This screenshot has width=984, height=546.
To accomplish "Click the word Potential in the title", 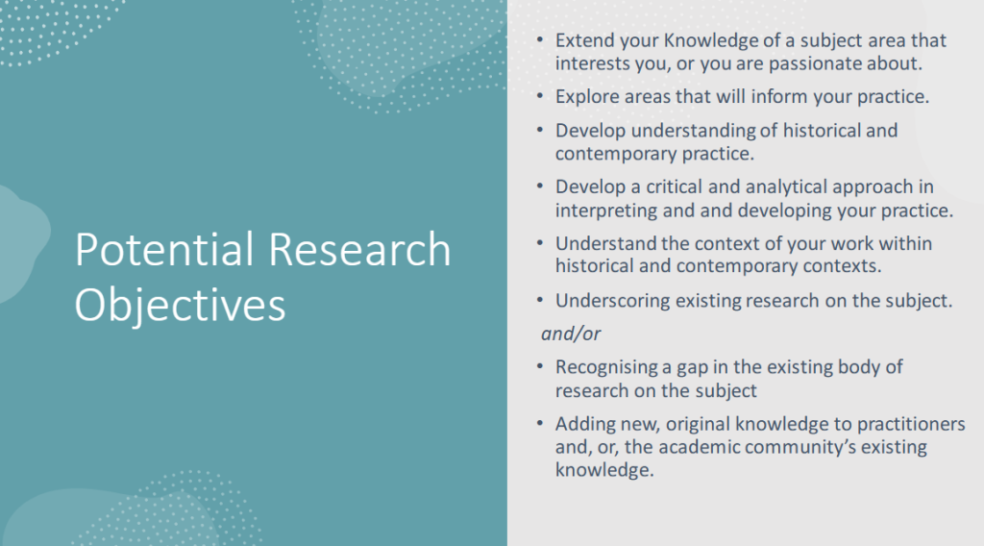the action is coord(164,249).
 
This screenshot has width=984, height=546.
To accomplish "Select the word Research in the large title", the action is coord(359,249).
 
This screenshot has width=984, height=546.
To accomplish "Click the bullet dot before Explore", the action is coord(540,97).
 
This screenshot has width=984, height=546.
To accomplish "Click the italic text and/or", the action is coord(571,334).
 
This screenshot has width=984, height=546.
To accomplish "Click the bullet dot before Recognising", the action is coord(540,367).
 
